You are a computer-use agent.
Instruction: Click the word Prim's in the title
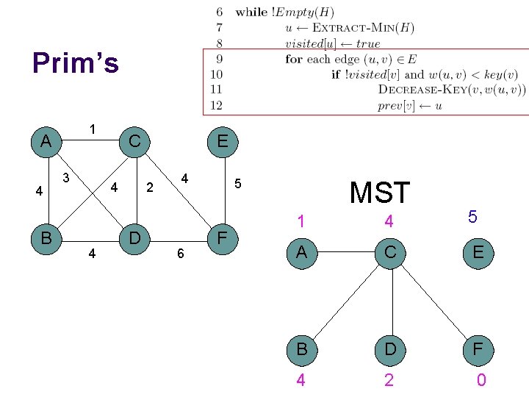coord(75,64)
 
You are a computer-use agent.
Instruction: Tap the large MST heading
coord(379,193)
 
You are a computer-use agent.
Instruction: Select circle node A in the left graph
coord(46,140)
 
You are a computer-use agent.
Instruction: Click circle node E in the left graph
coord(222,140)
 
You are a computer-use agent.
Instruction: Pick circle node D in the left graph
coord(134,238)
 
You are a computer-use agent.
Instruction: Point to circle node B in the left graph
coord(46,238)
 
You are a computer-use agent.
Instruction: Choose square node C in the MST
coord(389,253)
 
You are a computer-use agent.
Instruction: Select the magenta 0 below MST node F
coord(481,380)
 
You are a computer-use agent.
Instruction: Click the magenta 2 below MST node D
coord(389,380)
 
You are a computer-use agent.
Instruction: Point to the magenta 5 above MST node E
coord(472,218)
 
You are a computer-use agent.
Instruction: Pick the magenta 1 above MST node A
coord(300,221)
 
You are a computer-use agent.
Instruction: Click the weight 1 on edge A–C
coord(93,129)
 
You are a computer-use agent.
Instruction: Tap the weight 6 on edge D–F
coord(179,254)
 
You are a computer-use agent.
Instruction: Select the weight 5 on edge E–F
coord(237,183)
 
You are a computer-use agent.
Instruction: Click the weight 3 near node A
coord(66,177)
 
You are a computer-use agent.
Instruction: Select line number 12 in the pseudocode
coord(217,105)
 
